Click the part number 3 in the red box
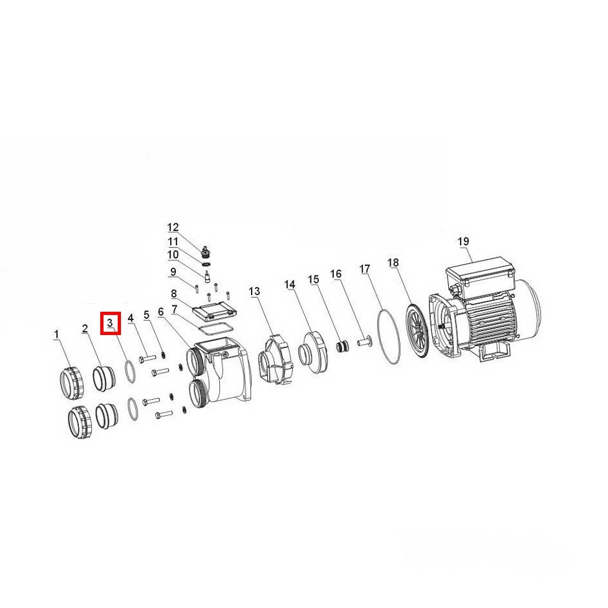(110, 323)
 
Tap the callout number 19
(463, 241)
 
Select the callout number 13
(254, 292)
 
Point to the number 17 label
(365, 268)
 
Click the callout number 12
(173, 227)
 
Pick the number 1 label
(57, 334)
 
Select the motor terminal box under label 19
(481, 274)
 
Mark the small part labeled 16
(364, 342)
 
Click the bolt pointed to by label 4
(147, 358)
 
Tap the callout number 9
(173, 272)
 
